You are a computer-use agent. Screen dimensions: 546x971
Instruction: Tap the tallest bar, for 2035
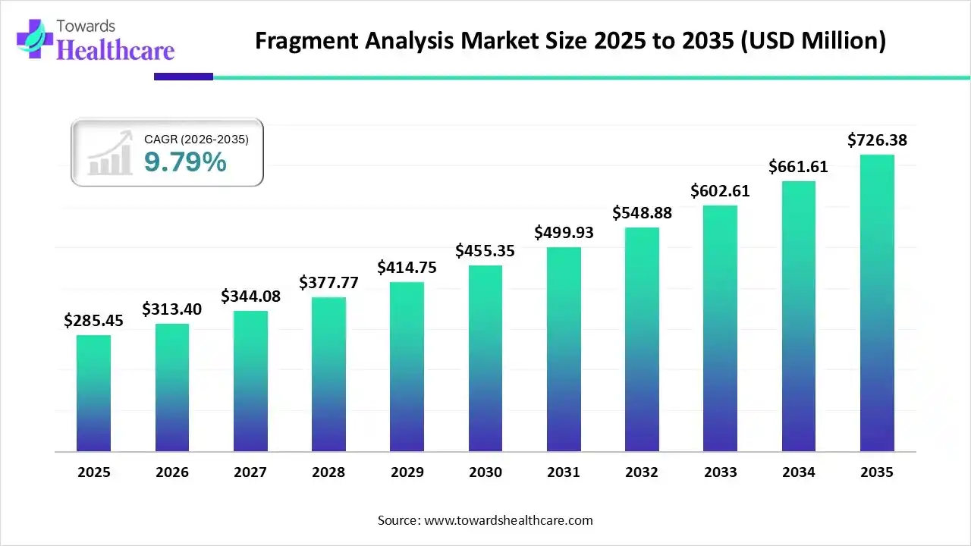(877, 303)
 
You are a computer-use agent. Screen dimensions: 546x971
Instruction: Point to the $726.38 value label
(877, 140)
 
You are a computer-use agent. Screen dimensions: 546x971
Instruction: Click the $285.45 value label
(93, 321)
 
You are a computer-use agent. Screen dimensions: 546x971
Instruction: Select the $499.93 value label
(564, 233)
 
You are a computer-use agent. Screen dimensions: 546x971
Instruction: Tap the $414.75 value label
(407, 268)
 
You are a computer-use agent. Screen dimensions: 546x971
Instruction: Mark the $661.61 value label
(798, 167)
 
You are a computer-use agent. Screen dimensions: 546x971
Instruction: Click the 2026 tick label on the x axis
(172, 472)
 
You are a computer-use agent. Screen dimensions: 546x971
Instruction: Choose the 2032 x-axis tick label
(642, 472)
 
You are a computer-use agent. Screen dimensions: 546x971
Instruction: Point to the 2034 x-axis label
(798, 472)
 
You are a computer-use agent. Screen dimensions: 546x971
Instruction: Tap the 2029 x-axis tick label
(407, 472)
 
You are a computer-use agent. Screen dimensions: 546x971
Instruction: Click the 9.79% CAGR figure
(185, 162)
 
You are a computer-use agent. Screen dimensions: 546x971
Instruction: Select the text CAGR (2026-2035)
(196, 139)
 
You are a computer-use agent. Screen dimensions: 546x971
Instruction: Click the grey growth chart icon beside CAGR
(110, 154)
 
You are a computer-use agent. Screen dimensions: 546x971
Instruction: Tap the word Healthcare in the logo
(115, 50)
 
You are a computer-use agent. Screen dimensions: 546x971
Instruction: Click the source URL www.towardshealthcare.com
(507, 520)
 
